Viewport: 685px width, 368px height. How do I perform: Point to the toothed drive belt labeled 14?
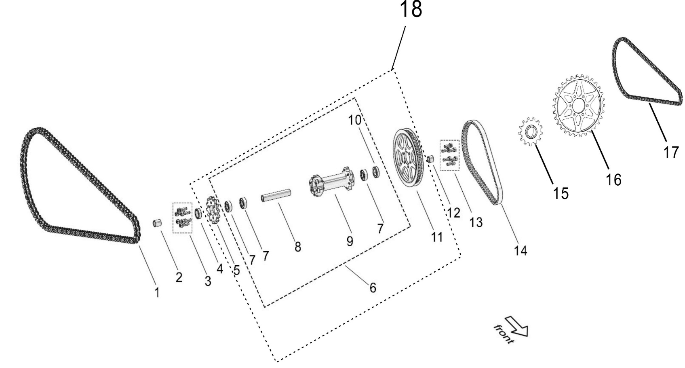click(x=482, y=162)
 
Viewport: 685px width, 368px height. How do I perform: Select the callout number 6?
click(x=373, y=288)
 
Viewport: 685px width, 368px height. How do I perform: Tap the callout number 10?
click(x=354, y=120)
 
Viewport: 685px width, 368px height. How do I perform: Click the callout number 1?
click(x=157, y=292)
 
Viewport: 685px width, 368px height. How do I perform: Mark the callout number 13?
click(x=476, y=222)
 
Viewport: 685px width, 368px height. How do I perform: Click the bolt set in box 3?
click(x=182, y=217)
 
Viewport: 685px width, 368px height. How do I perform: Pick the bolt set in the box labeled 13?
click(x=449, y=155)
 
